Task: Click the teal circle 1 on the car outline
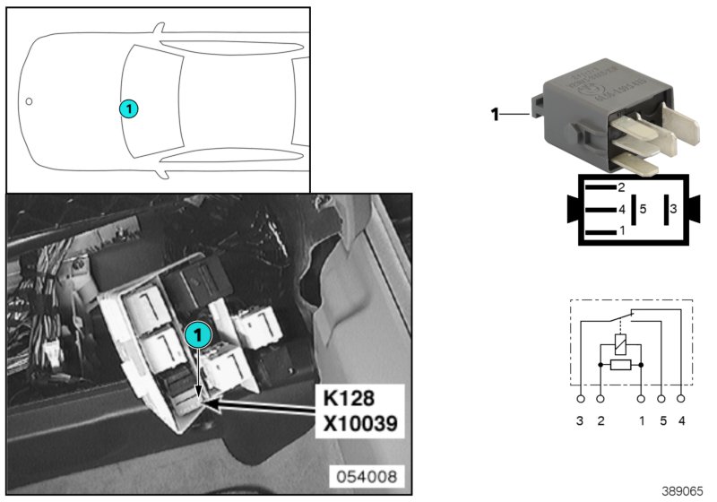click(129, 108)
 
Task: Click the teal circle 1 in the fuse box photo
click(197, 335)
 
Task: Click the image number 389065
click(683, 491)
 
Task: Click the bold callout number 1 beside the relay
click(494, 114)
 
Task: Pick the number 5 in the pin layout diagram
click(643, 209)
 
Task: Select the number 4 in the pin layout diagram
click(620, 210)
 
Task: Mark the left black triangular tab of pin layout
click(574, 209)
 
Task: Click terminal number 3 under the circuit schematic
click(581, 420)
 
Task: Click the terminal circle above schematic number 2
click(600, 398)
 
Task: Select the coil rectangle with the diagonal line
click(620, 344)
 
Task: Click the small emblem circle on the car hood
click(29, 101)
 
